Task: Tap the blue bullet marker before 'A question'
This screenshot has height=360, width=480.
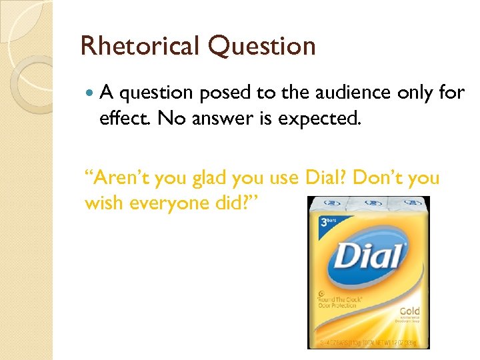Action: [x=91, y=93]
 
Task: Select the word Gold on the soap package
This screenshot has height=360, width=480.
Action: [x=409, y=311]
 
